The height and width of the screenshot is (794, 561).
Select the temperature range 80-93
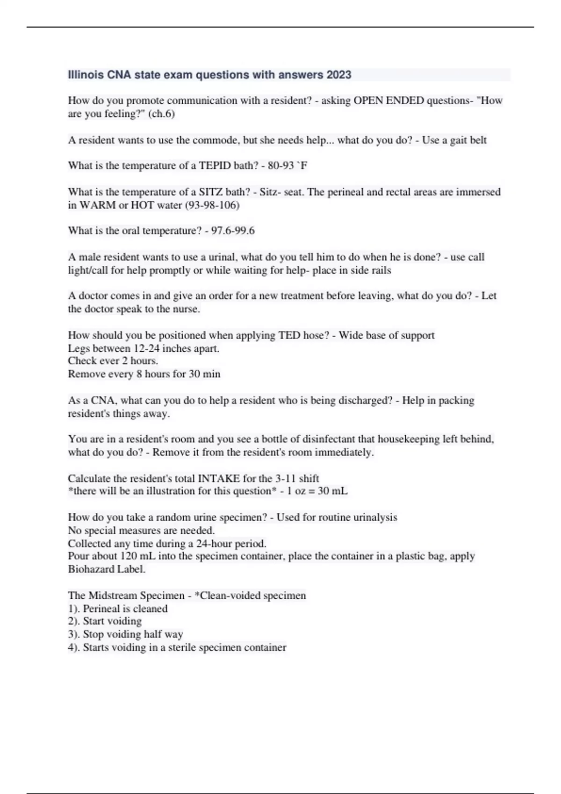coord(281,165)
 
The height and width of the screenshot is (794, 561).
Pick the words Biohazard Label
coord(107,569)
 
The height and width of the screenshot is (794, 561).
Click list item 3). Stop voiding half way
coord(125,634)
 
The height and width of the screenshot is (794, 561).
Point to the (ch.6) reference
coord(161,113)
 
